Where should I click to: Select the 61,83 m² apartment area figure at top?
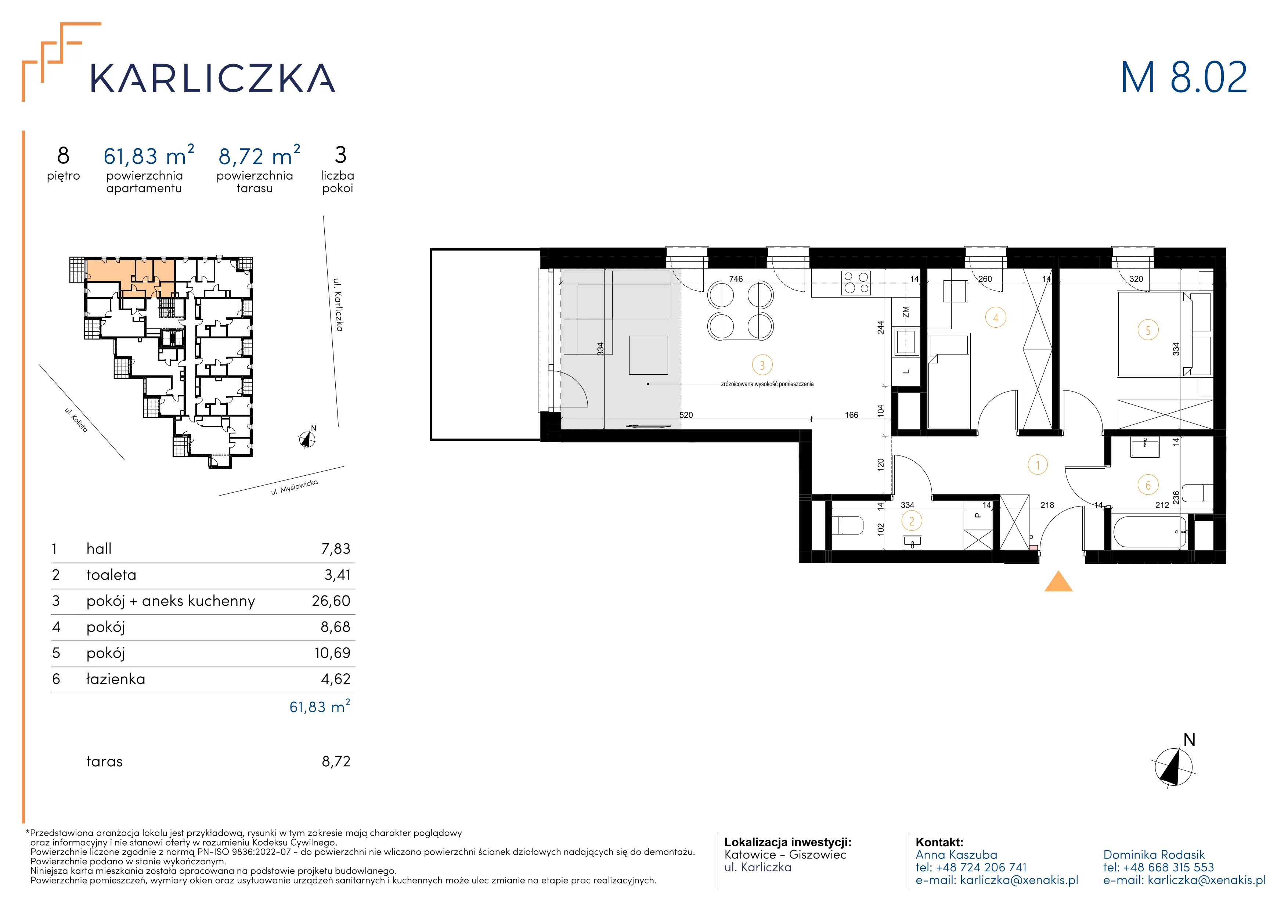click(149, 155)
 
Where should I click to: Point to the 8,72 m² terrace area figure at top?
click(259, 155)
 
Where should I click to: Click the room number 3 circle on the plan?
click(762, 365)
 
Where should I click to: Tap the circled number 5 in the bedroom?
click(1148, 330)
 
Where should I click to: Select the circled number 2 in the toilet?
click(912, 521)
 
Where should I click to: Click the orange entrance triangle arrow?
click(1058, 582)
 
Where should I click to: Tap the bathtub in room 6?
click(1150, 532)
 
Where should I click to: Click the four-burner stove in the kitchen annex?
click(856, 283)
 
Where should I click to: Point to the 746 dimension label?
click(736, 279)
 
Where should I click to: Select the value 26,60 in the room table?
click(331, 601)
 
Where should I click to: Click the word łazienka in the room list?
click(116, 679)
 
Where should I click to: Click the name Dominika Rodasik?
click(1154, 854)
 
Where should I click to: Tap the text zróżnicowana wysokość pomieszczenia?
click(767, 384)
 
